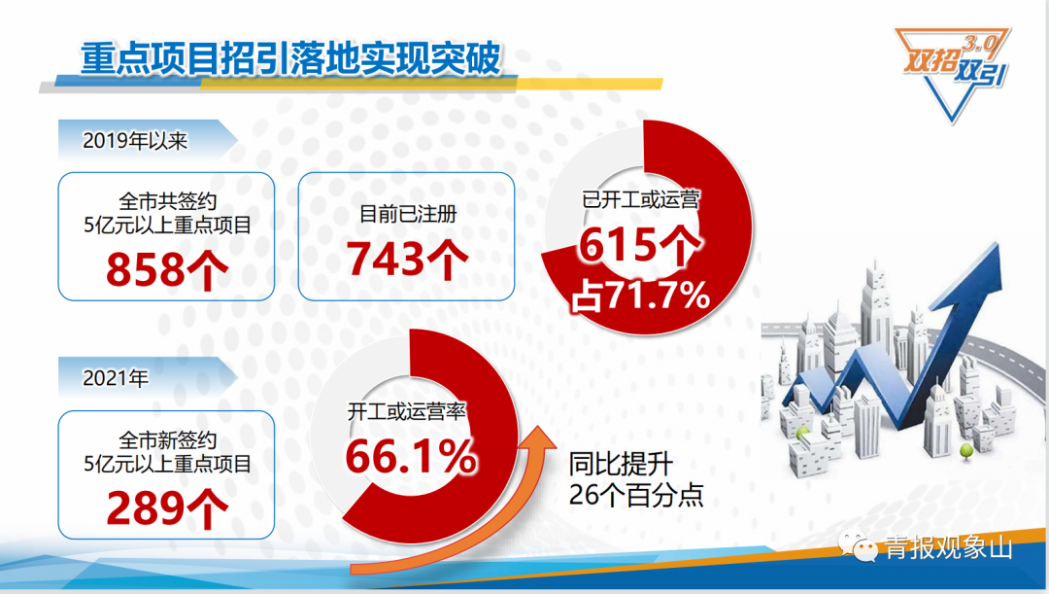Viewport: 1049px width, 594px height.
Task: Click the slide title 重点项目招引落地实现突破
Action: point(289,59)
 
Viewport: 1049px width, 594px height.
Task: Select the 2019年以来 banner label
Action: point(134,141)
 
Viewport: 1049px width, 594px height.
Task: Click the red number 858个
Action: point(167,270)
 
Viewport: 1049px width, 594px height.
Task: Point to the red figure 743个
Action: point(407,259)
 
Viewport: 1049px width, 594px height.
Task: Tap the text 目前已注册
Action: point(407,214)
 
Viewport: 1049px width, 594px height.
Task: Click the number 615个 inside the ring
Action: point(639,245)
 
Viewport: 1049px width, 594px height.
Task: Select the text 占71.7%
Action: point(640,295)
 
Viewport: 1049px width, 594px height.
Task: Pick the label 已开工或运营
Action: point(640,199)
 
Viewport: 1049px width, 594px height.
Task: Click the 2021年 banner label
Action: point(115,378)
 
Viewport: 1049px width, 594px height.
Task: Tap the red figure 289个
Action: point(167,509)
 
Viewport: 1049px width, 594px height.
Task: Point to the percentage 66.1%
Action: point(411,457)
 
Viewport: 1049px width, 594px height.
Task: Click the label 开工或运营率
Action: point(406,410)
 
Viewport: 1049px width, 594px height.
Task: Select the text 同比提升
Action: point(621,464)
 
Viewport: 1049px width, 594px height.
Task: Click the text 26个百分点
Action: point(635,495)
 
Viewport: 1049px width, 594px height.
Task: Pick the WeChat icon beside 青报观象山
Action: point(859,546)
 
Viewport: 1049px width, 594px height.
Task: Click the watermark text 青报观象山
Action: point(949,547)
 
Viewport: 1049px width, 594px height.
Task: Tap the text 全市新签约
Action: point(167,440)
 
